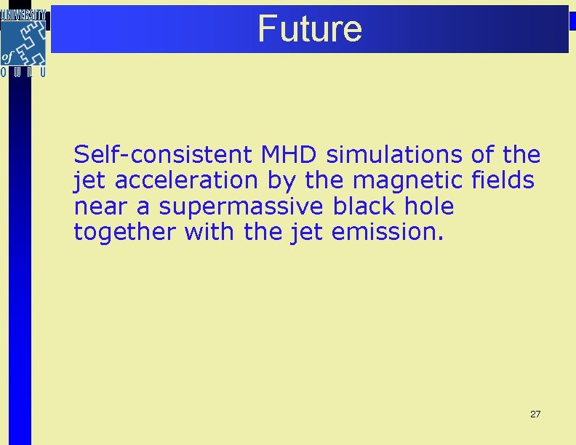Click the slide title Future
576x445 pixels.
[x=309, y=28]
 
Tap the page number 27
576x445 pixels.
[x=535, y=414]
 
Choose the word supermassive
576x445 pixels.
[x=241, y=207]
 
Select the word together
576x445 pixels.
[x=125, y=233]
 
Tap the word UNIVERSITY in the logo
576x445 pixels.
[x=25, y=14]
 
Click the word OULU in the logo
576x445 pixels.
[x=24, y=72]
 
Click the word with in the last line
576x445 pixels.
[x=207, y=233]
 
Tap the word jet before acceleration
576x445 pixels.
[x=86, y=181]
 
